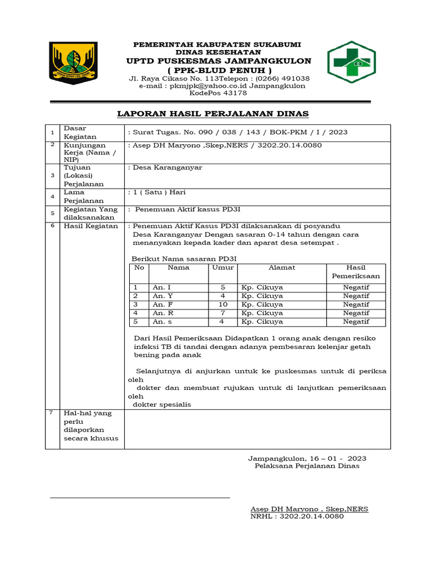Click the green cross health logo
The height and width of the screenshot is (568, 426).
(x=351, y=62)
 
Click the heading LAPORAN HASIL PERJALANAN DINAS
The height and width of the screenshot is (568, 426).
(x=212, y=114)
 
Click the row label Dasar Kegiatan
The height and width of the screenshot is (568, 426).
(x=80, y=132)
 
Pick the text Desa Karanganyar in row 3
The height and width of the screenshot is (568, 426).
(x=167, y=168)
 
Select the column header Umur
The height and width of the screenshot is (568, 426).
(x=222, y=267)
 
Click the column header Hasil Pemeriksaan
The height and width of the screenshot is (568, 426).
(x=356, y=271)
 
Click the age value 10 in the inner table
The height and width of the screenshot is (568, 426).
(x=222, y=305)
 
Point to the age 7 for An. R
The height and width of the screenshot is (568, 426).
(x=222, y=313)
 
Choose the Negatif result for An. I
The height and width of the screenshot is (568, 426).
(x=356, y=287)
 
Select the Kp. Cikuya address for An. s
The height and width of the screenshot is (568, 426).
(x=262, y=321)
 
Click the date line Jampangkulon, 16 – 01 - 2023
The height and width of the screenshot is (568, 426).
(x=306, y=459)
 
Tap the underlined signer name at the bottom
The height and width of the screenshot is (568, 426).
(x=309, y=509)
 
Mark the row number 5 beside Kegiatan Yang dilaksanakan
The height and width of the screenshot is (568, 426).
(x=52, y=214)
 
